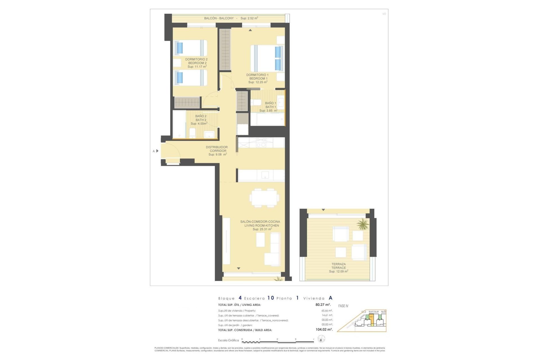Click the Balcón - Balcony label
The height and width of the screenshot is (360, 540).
coord(219,18)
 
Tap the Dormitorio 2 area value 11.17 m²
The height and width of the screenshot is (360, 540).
coord(197,67)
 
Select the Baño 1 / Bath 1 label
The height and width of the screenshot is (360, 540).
coord(271,105)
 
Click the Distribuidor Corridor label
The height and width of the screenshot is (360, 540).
coord(217,149)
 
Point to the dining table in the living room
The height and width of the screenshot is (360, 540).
coord(264,198)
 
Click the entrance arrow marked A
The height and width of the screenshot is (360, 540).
coord(157,151)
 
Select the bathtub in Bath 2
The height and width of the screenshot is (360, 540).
coord(179,124)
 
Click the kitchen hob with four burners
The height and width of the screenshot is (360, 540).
coord(261,143)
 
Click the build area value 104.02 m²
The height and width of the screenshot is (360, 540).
coord(324,330)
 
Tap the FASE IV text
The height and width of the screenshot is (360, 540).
coord(343,306)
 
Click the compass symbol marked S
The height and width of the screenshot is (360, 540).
coord(321,339)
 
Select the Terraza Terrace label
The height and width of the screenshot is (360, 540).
coord(339,266)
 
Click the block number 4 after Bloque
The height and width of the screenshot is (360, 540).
coord(240,298)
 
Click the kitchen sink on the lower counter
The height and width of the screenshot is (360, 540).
coord(265,175)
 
